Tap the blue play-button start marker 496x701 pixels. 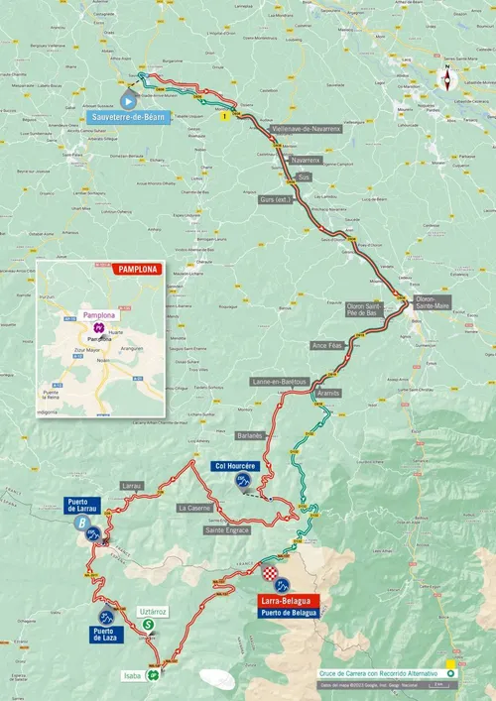click(x=128, y=100)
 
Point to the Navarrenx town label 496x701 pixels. click(x=305, y=159)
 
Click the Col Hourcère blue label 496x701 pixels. click(x=236, y=466)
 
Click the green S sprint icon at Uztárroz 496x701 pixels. click(x=148, y=625)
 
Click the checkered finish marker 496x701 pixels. click(x=270, y=573)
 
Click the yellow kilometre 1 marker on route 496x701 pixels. click(x=225, y=115)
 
